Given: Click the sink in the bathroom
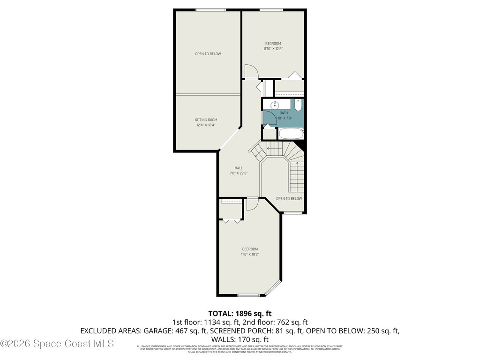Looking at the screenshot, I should click(x=275, y=105).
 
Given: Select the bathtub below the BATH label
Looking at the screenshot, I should click(x=291, y=134).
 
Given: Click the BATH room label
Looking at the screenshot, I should click(x=284, y=113).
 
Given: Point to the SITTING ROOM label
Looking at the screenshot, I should click(x=206, y=120).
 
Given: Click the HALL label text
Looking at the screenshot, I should click(x=239, y=168).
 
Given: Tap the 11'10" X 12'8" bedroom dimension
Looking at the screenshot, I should click(x=273, y=49).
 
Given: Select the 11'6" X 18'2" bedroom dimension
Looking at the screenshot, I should click(x=250, y=255).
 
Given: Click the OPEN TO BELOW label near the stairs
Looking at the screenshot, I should click(x=289, y=198).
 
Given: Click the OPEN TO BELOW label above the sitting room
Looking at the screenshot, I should click(x=208, y=54).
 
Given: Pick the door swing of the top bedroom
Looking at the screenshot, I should click(x=251, y=72).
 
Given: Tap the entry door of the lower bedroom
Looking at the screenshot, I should click(x=252, y=204).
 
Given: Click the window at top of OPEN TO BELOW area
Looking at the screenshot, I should click(x=208, y=10).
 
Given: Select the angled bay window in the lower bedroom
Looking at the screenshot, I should click(x=273, y=289).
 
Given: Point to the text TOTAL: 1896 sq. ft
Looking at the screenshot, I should click(x=240, y=313).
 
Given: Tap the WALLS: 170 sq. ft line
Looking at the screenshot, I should click(x=240, y=339).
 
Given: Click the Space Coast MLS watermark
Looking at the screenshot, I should click(x=57, y=344).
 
